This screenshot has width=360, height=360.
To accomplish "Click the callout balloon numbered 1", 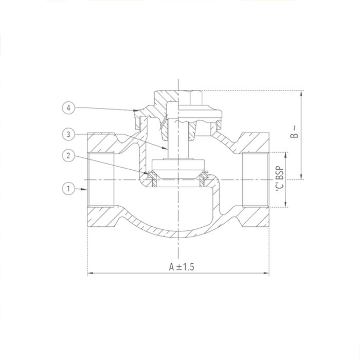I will coord(68,189).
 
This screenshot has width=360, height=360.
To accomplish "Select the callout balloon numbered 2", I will coord(68,155).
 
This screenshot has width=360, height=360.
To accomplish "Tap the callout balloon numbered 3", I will coord(68,134).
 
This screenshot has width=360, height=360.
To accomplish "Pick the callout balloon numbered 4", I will coord(68,108).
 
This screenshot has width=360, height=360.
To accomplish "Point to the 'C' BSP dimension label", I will coord(280,180).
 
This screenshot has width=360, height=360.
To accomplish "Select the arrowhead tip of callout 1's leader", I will coord(87,189).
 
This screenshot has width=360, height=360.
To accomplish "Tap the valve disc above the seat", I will coord(177,167).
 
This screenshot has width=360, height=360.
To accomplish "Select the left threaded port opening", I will coord(100,179).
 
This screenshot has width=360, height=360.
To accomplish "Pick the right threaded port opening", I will coord(255,179).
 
